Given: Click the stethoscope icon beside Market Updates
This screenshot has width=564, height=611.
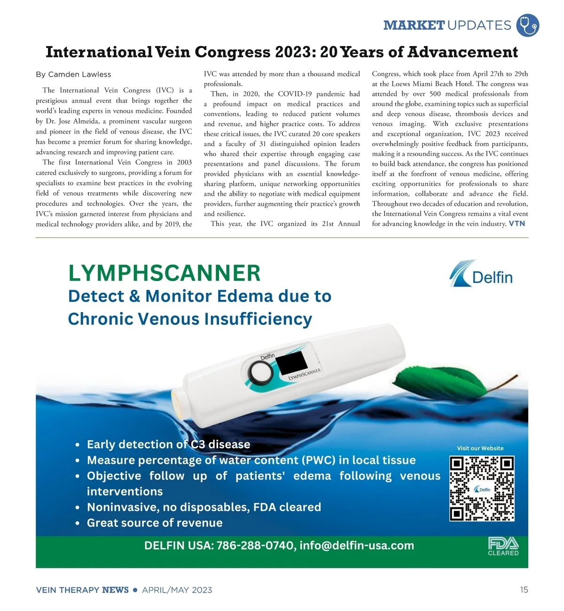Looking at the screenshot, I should click(x=527, y=25).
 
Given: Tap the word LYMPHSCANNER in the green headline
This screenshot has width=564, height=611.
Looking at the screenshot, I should click(x=164, y=273).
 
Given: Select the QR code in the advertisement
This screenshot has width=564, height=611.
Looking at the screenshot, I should click(x=482, y=488).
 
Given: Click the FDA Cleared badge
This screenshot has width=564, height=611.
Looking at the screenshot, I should click(x=503, y=547).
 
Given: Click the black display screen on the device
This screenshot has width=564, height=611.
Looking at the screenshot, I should click(x=291, y=363).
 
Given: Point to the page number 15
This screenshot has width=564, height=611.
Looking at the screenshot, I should click(x=524, y=590).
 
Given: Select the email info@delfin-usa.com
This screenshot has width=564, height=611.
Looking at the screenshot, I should click(x=357, y=546).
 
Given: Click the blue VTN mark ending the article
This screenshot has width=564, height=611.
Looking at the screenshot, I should click(x=517, y=224).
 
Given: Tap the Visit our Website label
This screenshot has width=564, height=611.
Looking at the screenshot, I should click(x=480, y=448).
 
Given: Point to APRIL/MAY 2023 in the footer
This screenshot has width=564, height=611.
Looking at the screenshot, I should click(x=177, y=590).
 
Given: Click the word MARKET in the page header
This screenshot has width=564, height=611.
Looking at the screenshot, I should click(x=414, y=25).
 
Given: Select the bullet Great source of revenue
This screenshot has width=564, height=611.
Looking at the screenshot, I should click(x=155, y=523).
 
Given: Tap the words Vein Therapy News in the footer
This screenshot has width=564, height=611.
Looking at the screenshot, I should click(x=82, y=590).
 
